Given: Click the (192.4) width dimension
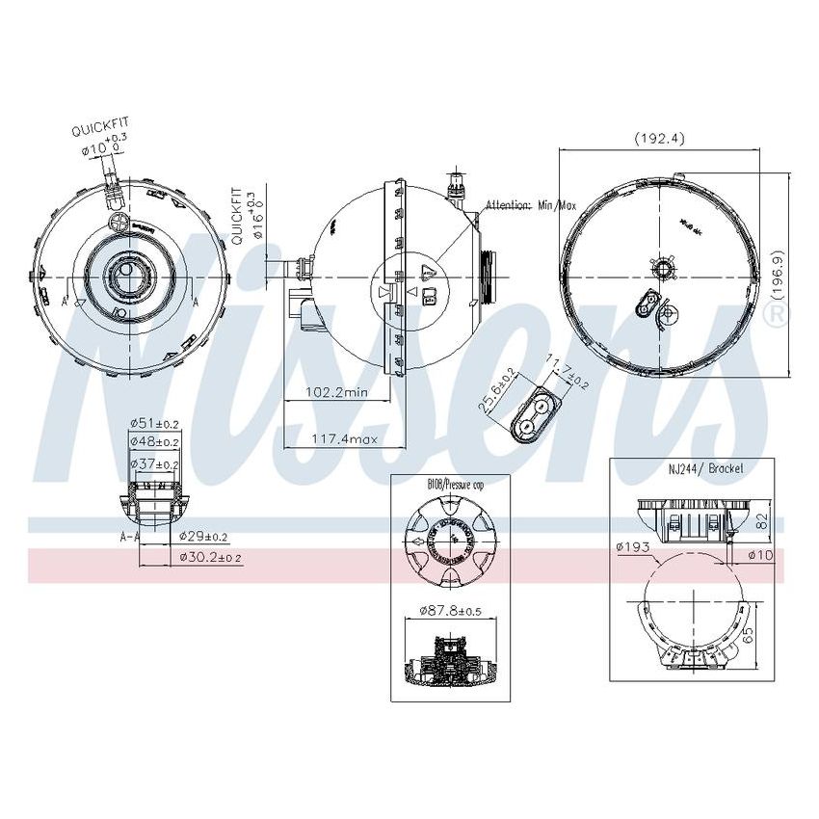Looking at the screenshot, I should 659,138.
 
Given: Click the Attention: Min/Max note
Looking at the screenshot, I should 530,205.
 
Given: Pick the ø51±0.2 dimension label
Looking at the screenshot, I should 155,422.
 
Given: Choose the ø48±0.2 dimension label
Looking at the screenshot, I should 155,442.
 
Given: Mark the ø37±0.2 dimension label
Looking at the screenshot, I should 155,464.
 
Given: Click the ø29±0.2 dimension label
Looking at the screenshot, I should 204,537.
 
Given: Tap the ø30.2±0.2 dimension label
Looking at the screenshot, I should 211,557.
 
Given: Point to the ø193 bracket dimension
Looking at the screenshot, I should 633,548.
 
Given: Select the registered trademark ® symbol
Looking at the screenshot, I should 778,315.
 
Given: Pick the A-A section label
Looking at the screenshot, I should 129,537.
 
